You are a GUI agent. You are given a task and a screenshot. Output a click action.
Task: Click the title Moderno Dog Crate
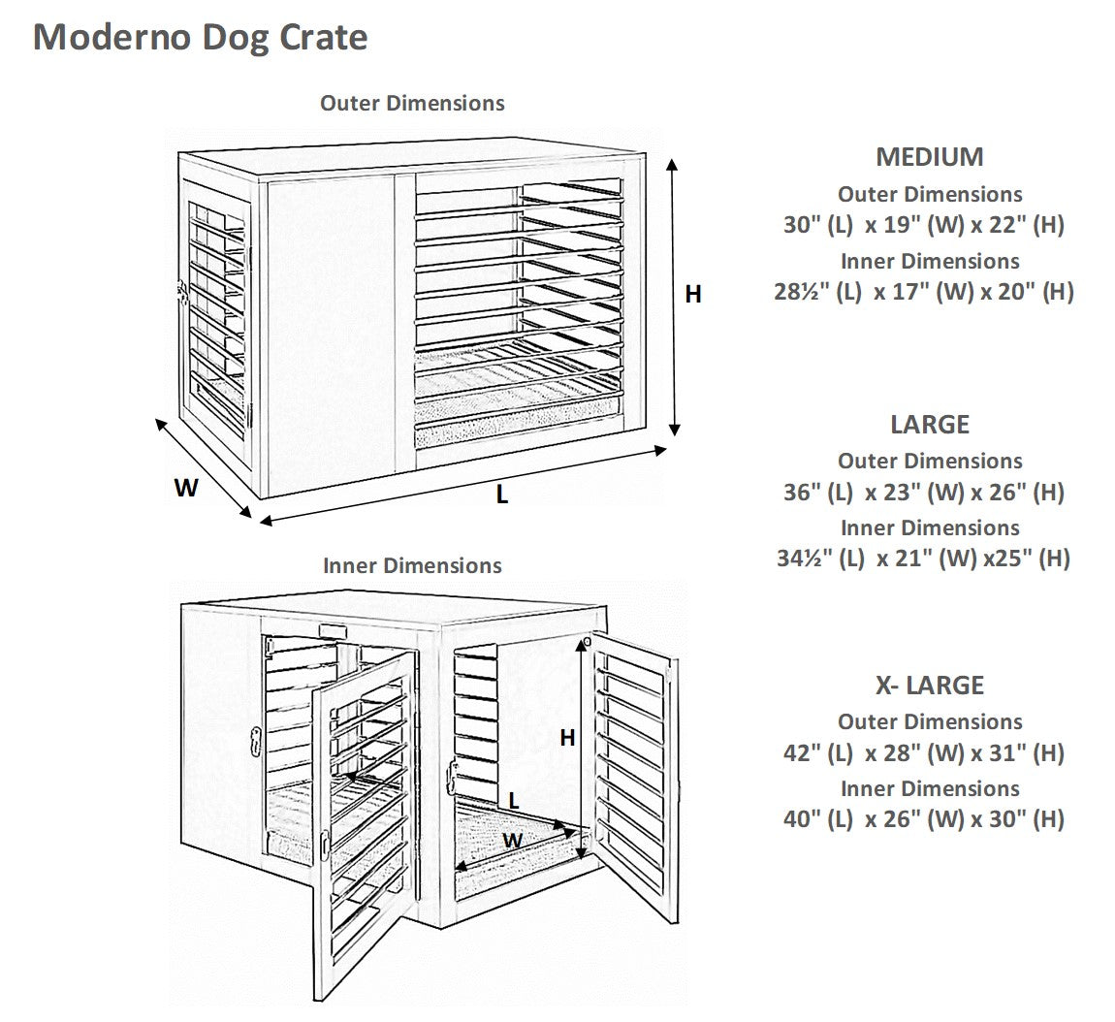(201, 37)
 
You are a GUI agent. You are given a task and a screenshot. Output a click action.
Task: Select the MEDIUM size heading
(929, 156)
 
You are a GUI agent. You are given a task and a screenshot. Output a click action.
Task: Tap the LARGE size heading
(929, 424)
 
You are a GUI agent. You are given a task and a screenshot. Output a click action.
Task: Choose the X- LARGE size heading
(929, 685)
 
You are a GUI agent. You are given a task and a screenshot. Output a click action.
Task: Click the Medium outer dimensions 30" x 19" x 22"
(923, 225)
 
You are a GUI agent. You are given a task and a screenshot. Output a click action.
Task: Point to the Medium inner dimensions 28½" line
(923, 291)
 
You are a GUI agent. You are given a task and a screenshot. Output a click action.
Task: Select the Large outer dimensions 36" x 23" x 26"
(923, 492)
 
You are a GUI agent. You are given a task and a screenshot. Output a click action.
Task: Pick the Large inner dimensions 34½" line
(923, 558)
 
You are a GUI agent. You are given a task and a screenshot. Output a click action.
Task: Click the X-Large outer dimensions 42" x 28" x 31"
(923, 752)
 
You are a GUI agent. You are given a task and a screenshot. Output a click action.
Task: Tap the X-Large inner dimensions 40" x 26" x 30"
(923, 818)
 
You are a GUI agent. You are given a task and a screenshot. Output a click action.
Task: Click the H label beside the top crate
(693, 294)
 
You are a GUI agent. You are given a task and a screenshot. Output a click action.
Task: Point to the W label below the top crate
(186, 488)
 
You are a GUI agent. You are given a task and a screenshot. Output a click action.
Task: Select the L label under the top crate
(501, 495)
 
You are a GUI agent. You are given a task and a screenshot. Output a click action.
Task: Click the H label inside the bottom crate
(567, 738)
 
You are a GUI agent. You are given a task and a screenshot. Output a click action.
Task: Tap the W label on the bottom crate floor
(513, 839)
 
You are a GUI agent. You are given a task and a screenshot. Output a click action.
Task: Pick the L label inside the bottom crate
(514, 801)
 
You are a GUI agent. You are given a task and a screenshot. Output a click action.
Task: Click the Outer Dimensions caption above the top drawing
(412, 103)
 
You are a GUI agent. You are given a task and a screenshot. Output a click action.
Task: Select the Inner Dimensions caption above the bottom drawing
(412, 565)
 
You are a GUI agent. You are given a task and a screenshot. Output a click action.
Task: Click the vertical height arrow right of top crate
(673, 301)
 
